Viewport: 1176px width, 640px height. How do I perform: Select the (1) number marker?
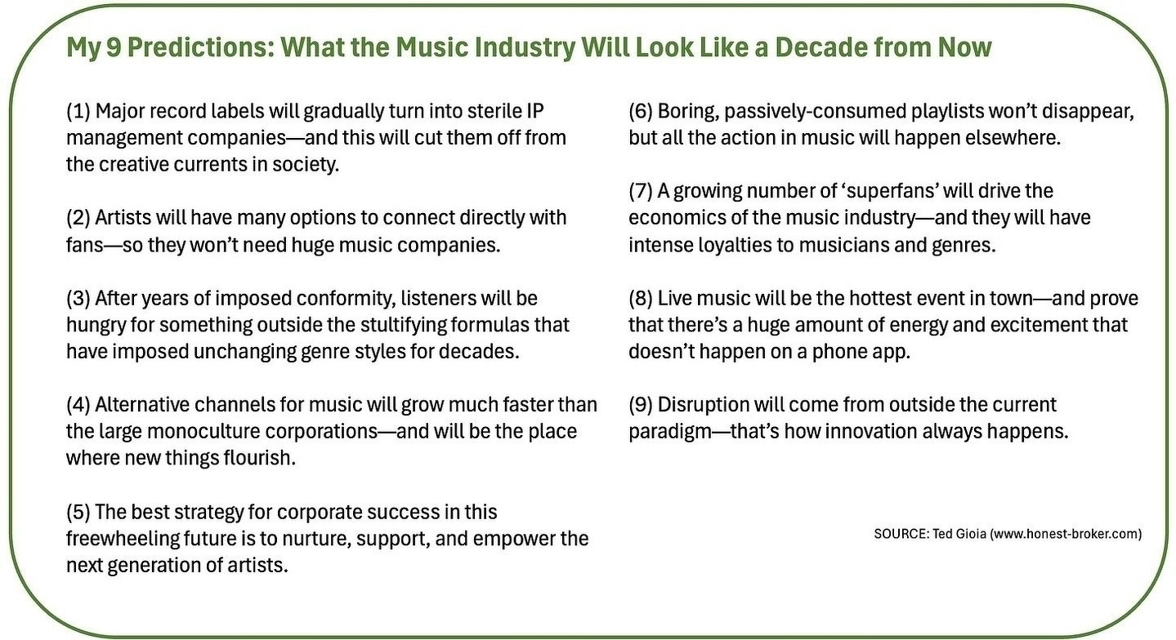[78, 112]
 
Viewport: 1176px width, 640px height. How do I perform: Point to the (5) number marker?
[78, 512]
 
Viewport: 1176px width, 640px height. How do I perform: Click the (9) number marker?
[641, 405]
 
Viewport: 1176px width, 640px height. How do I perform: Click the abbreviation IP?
[535, 111]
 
